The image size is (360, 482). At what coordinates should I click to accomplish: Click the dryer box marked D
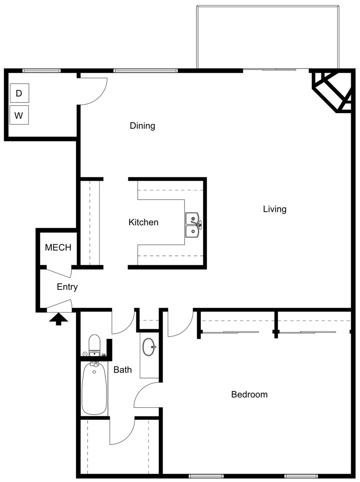pyautogui.click(x=20, y=93)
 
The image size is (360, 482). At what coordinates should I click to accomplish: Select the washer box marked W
pyautogui.click(x=19, y=115)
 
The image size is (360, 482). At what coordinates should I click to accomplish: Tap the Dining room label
pyautogui.click(x=142, y=126)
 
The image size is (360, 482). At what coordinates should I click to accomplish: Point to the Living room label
pyautogui.click(x=275, y=209)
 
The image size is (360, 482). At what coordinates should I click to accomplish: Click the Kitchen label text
pyautogui.click(x=143, y=222)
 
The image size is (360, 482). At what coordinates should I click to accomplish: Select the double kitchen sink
pyautogui.click(x=193, y=225)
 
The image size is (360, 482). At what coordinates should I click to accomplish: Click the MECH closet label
pyautogui.click(x=58, y=247)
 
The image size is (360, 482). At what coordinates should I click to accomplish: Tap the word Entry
pyautogui.click(x=67, y=287)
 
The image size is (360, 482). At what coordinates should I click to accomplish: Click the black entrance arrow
pyautogui.click(x=58, y=319)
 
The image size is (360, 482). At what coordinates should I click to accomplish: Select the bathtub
pyautogui.click(x=95, y=388)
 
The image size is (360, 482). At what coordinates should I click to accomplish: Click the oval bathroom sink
pyautogui.click(x=148, y=347)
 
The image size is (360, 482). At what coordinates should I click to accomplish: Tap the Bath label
pyautogui.click(x=123, y=370)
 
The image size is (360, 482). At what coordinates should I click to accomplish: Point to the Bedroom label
pyautogui.click(x=250, y=394)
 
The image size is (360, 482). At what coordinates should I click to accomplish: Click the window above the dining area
pyautogui.click(x=145, y=71)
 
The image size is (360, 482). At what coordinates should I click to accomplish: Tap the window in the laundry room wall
pyautogui.click(x=41, y=71)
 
